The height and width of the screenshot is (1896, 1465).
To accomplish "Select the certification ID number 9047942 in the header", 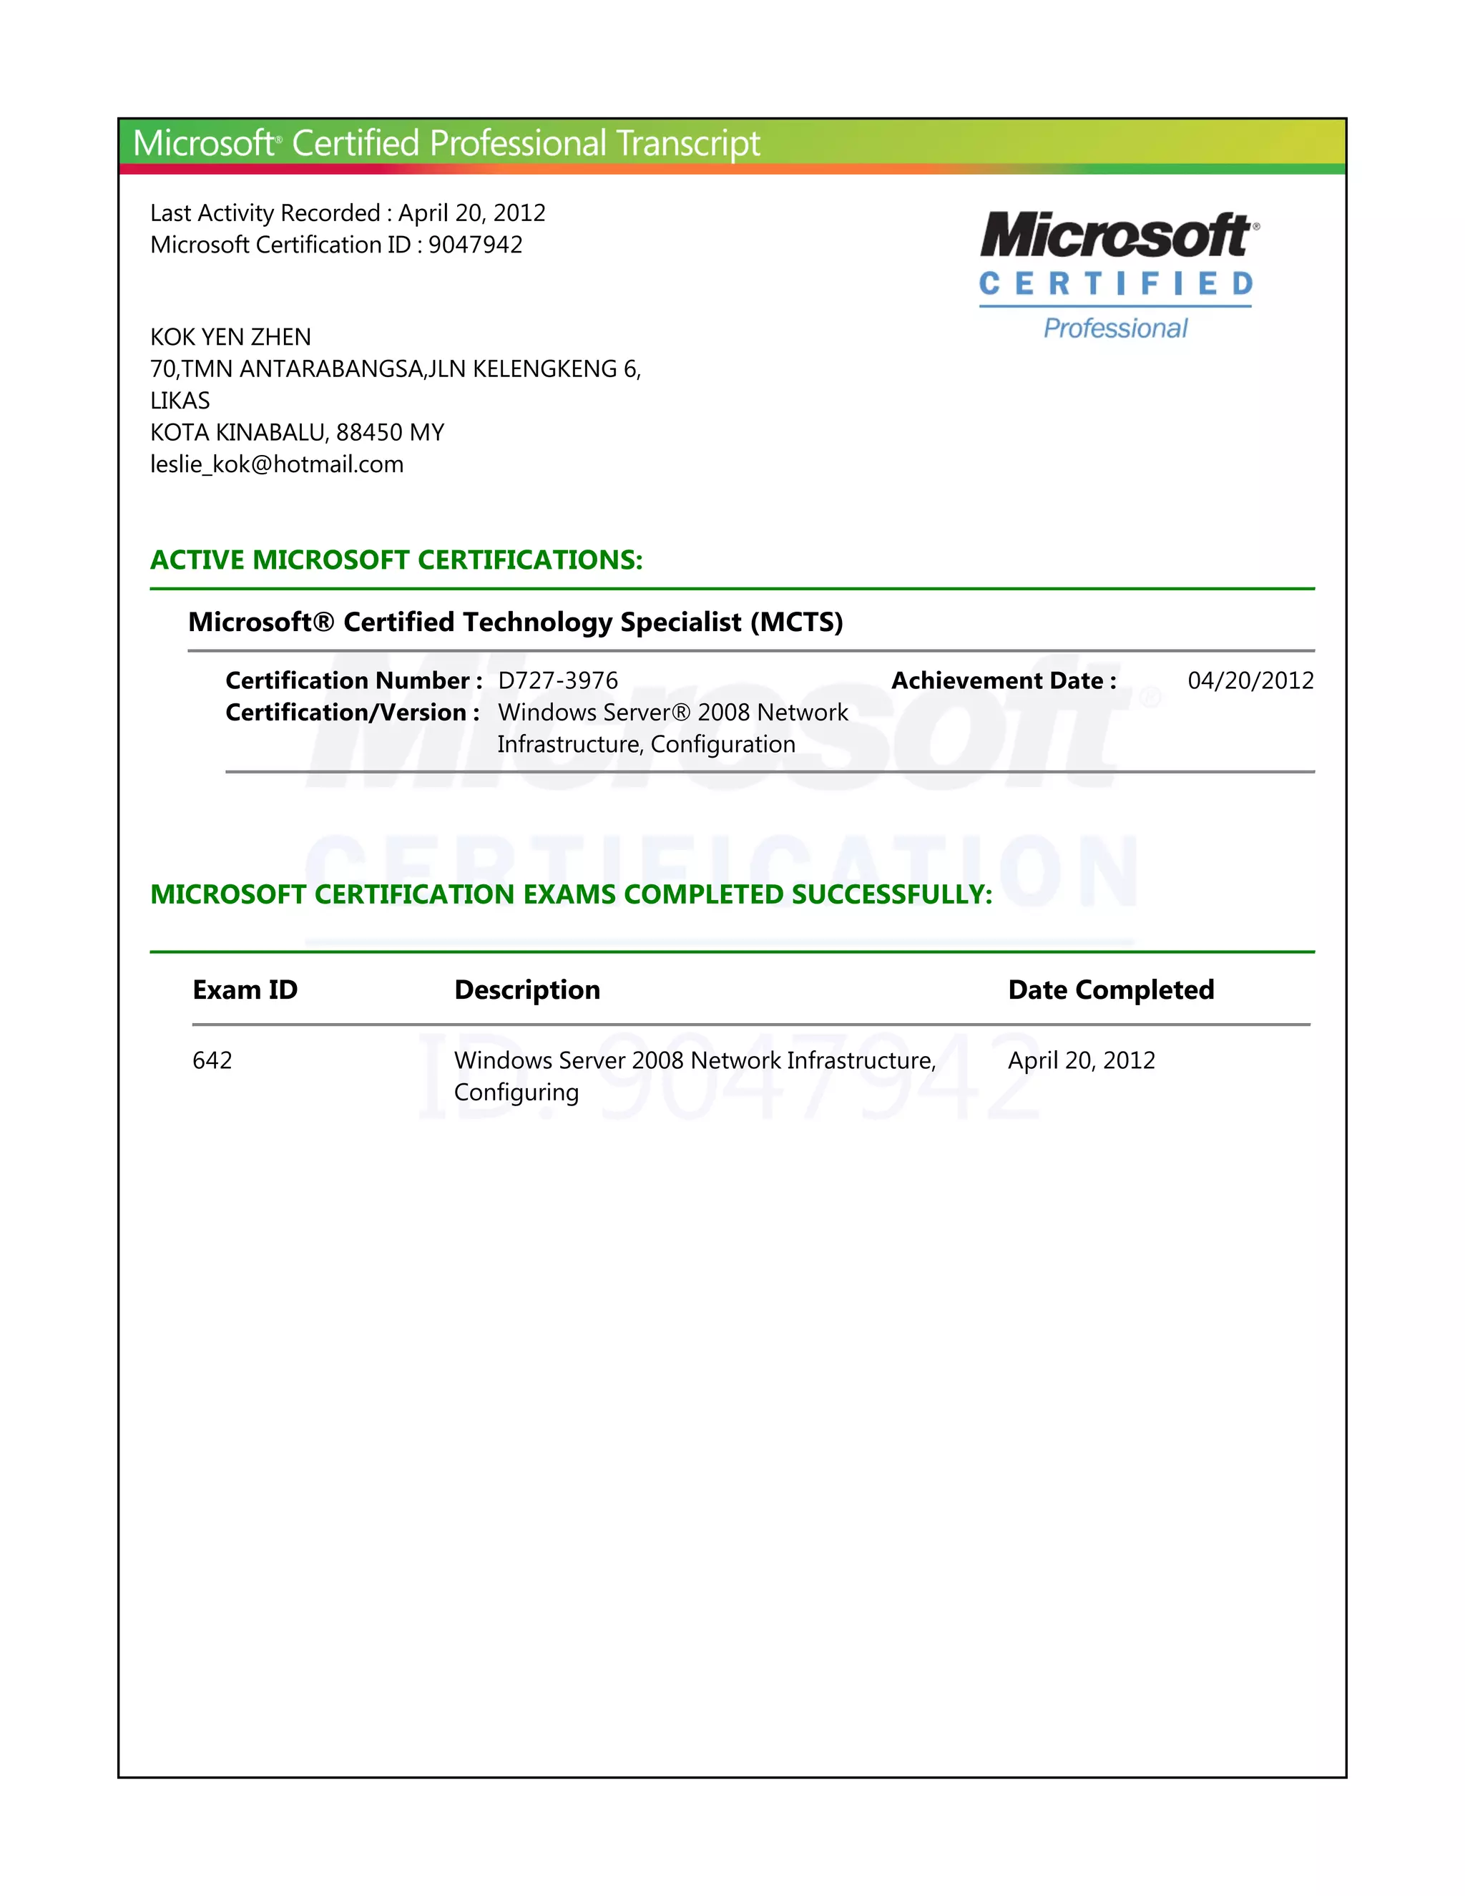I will coord(475,245).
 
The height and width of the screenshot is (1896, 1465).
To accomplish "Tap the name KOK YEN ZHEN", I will coord(230,337).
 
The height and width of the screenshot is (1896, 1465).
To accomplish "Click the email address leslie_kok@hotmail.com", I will coord(277,464).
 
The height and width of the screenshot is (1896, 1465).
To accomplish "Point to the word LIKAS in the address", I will coord(180,400).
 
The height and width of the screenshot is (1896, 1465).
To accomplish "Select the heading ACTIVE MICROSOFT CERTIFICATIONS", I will coord(396,560).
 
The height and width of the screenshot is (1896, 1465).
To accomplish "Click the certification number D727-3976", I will coord(557,680).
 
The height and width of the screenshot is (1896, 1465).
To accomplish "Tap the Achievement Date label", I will coord(1004,680).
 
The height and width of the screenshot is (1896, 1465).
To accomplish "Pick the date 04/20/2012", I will coord(1250,680).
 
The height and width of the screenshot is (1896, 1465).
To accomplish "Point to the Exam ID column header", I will coord(245,989).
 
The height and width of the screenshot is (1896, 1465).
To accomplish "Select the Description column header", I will coord(526,989).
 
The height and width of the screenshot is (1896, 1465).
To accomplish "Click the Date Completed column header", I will coord(1110,989).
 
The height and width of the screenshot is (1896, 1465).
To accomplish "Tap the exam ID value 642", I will coord(212,1060).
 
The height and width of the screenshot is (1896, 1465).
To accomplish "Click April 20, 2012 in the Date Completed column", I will coord(1081,1060).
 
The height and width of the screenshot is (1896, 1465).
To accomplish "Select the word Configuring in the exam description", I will coord(516,1092).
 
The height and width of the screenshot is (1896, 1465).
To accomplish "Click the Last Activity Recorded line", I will coord(347,212).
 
